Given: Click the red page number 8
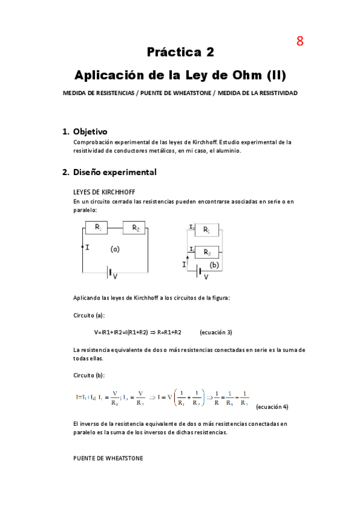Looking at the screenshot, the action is [x=300, y=41].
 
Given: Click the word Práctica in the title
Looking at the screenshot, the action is [x=173, y=52].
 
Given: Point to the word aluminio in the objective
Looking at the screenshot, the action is [x=225, y=151].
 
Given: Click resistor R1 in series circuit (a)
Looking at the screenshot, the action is [x=96, y=228].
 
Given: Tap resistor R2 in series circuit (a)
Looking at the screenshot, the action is [x=134, y=228].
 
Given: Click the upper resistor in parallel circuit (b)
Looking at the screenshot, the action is [x=206, y=230].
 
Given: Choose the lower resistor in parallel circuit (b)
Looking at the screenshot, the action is [x=206, y=252].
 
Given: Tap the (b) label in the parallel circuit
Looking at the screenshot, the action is [x=214, y=265].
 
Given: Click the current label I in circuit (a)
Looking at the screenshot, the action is [x=88, y=247].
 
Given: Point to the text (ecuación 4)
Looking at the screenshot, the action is [x=272, y=407].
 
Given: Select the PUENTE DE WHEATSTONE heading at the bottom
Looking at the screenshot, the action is [x=108, y=458].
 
